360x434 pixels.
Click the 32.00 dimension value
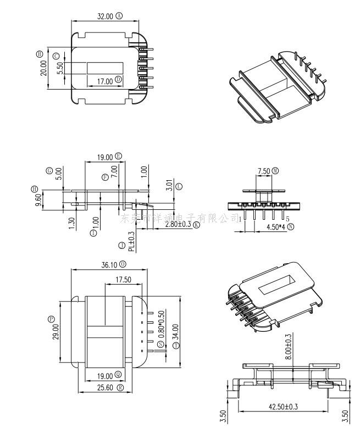pyautogui.click(x=105, y=16)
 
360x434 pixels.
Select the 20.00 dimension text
pyautogui.click(x=43, y=68)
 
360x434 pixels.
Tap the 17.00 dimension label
pyautogui.click(x=105, y=81)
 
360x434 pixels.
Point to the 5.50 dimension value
pyautogui.click(x=60, y=68)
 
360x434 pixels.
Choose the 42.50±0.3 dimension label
pyautogui.click(x=283, y=407)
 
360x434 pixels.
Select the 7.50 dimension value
pyautogui.click(x=263, y=171)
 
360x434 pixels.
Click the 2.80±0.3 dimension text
pyautogui.click(x=170, y=225)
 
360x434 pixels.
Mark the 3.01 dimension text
pyautogui.click(x=170, y=185)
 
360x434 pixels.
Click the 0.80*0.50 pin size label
pyautogui.click(x=161, y=324)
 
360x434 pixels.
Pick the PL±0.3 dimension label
pyautogui.click(x=131, y=241)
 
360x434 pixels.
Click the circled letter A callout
pyautogui.click(x=119, y=16)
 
